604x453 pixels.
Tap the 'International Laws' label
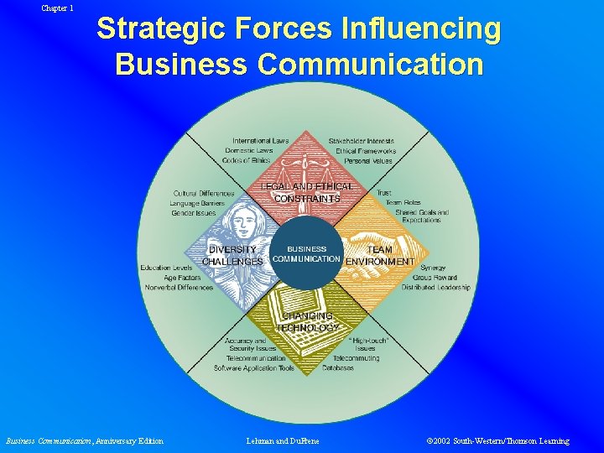pos(261,141)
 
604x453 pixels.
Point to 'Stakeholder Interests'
pos(362,141)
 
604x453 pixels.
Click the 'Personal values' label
pos(368,160)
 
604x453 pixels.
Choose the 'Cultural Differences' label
pos(204,194)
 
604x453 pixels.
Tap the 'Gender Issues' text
pos(194,213)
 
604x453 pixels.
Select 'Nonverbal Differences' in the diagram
pos(180,288)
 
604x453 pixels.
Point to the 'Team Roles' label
pos(404,203)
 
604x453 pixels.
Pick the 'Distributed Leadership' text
pos(435,288)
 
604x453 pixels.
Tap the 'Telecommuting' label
pos(355,358)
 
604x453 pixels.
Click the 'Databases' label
pos(338,367)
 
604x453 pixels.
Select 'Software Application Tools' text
pos(254,368)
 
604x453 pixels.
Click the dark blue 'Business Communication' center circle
pos(306,253)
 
